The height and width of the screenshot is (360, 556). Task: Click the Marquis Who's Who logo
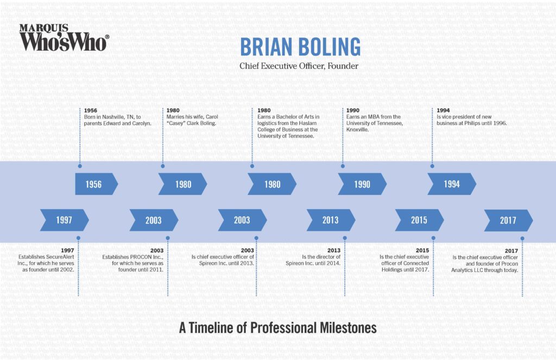tap(64, 37)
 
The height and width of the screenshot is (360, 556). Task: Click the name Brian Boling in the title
tap(300, 47)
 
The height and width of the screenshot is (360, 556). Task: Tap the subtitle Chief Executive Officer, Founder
tap(299, 66)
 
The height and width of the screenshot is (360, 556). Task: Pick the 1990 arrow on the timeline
tap(362, 184)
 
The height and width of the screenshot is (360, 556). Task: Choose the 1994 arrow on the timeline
tap(451, 184)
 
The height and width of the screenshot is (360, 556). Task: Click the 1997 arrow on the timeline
tap(64, 220)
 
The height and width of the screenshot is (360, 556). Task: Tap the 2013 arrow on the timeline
tap(330, 220)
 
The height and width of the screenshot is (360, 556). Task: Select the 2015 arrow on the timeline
tap(419, 220)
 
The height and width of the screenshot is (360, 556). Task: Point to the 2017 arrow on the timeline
tap(508, 220)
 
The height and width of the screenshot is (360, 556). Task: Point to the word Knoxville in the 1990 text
tap(358, 130)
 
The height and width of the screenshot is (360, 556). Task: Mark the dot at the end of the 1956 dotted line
tap(80, 166)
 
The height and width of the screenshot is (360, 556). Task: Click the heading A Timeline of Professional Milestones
tap(277, 328)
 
